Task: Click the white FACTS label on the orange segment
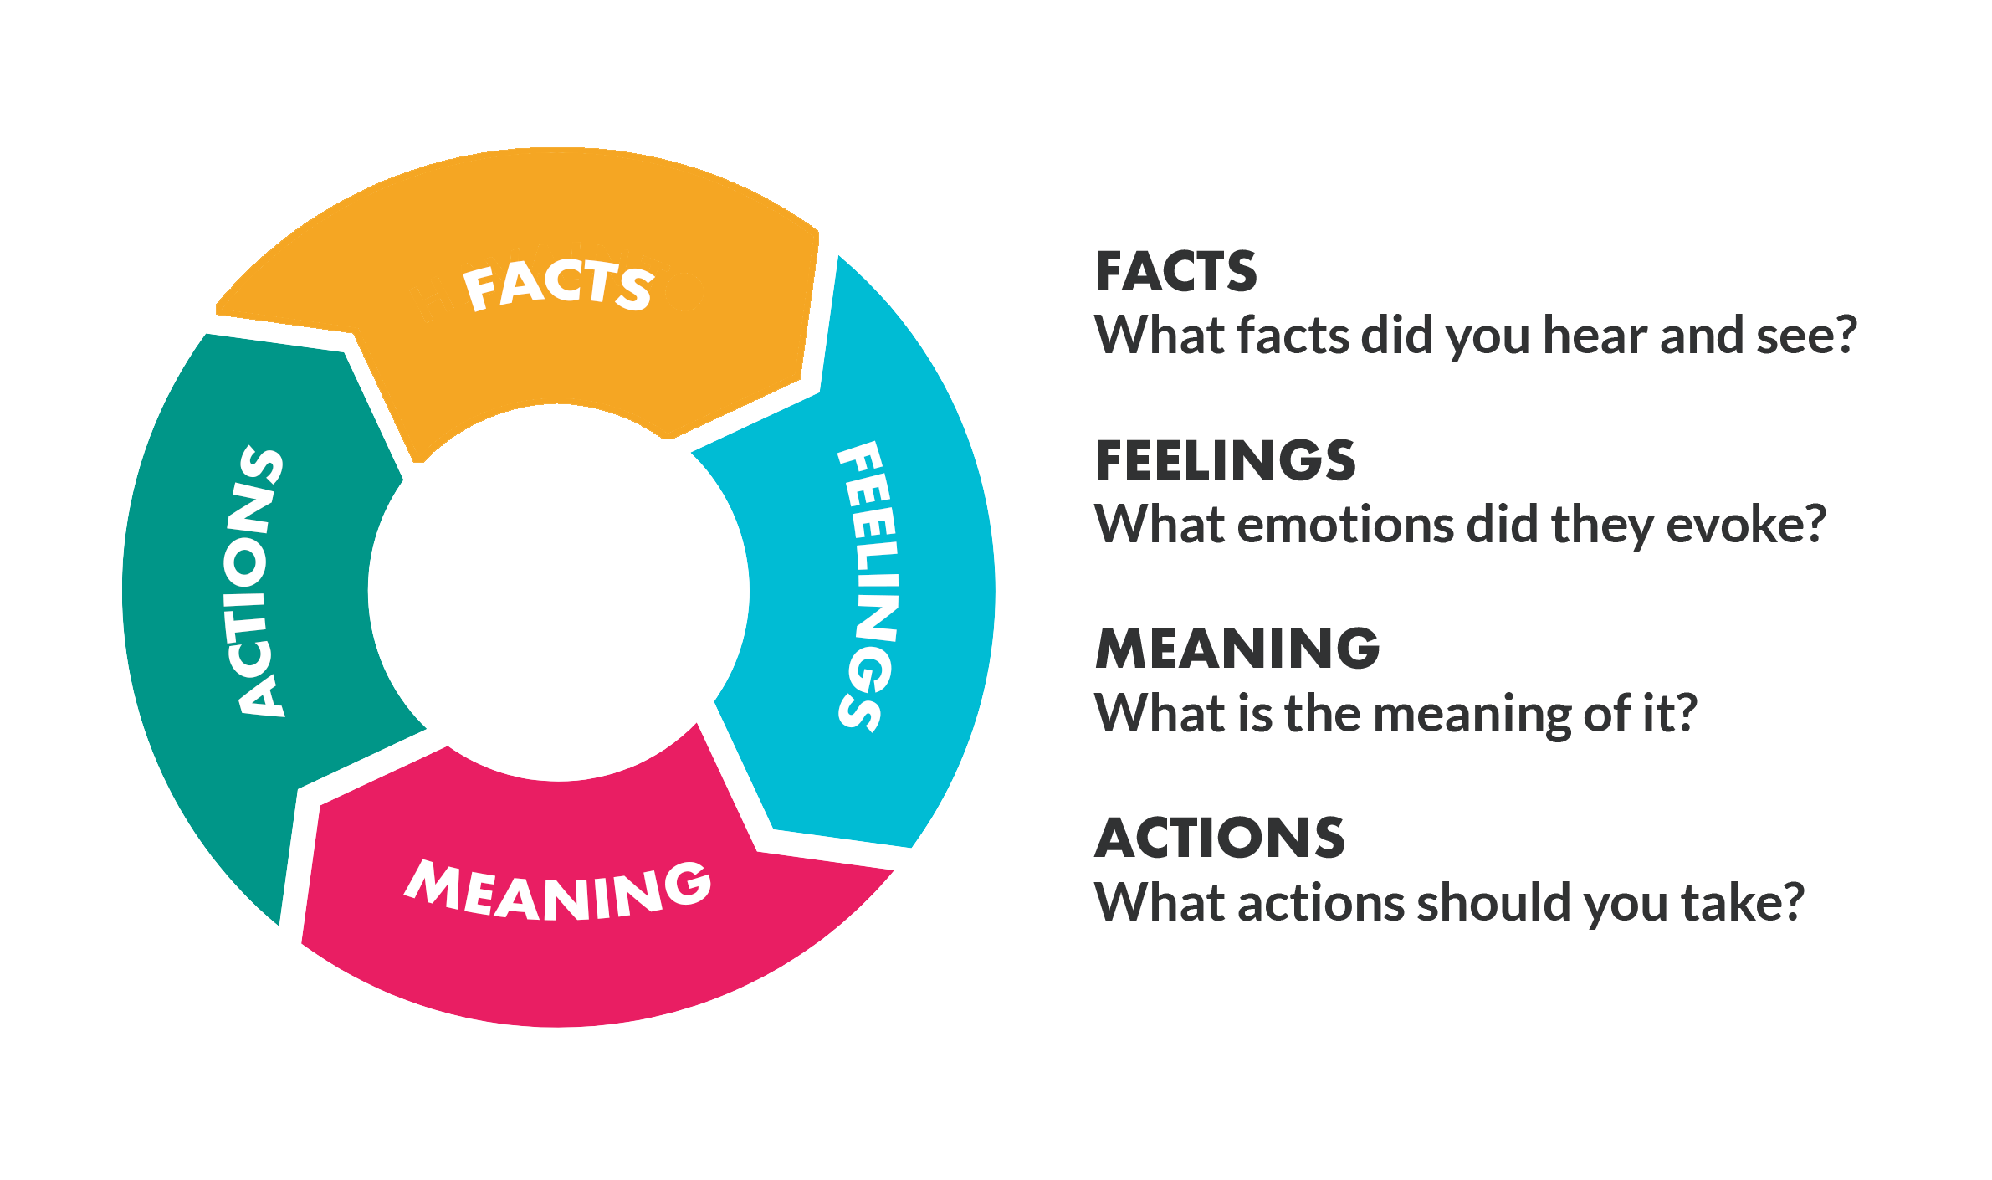[558, 285]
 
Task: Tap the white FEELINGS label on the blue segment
[868, 586]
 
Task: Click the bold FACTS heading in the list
[1175, 272]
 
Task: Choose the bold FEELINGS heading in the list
[1225, 461]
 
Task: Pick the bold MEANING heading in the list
[1237, 649]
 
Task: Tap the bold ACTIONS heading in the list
[1220, 838]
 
